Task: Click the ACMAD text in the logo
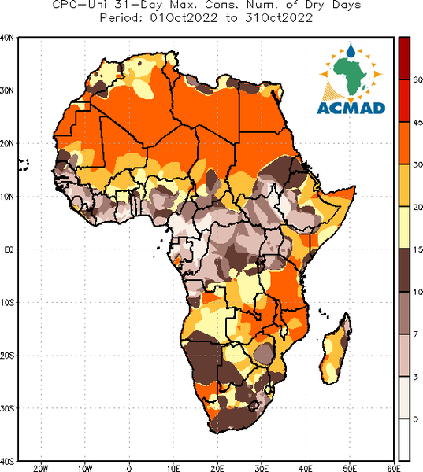point(351,109)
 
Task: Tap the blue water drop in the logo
point(351,50)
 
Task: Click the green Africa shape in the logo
point(351,76)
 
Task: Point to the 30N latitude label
point(6,90)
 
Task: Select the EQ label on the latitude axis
point(9,249)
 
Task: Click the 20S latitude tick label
point(6,356)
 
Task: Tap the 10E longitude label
point(173,468)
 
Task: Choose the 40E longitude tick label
point(306,468)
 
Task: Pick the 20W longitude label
point(41,468)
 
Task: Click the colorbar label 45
point(417,122)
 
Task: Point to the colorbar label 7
point(415,334)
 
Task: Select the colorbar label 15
point(417,249)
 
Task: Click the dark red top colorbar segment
point(404,58)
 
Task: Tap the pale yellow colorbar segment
point(404,227)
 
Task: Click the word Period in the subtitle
point(121,18)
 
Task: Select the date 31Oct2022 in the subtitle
point(279,18)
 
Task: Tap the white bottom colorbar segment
point(404,440)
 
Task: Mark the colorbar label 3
point(415,377)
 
